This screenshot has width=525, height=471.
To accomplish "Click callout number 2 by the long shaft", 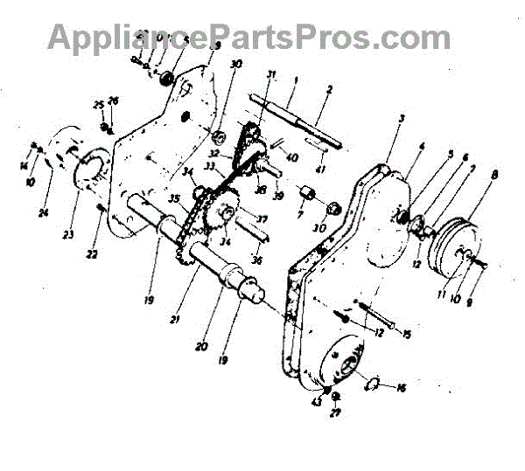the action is click(x=328, y=89).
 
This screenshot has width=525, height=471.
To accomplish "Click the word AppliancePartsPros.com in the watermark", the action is click(x=249, y=37).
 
